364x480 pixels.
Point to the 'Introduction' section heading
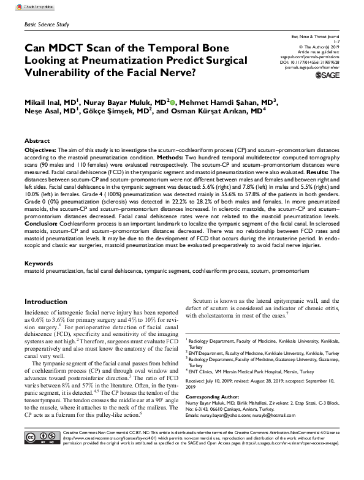(x=50, y=302)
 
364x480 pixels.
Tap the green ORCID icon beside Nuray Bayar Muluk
(x=173, y=102)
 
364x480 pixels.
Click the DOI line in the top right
(x=312, y=62)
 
